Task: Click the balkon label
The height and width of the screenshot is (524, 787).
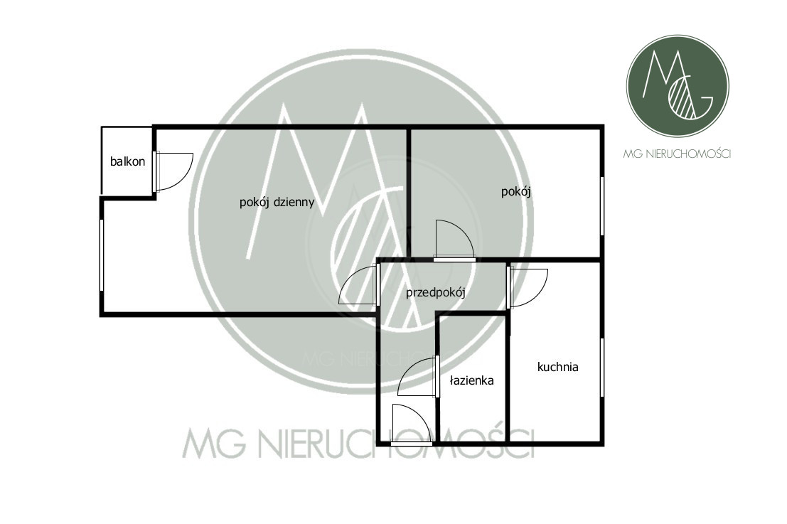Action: (x=127, y=161)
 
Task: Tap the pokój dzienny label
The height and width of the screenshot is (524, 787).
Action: (x=277, y=202)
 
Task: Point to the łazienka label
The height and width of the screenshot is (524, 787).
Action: (x=471, y=381)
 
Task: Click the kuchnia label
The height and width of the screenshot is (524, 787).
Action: (x=558, y=368)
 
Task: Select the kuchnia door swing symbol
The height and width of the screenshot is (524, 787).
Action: (x=528, y=286)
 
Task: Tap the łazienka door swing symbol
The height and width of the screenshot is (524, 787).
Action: (x=418, y=377)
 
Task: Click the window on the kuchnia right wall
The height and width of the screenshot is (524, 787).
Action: (x=602, y=368)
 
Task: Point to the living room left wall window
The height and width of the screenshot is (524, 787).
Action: (x=102, y=255)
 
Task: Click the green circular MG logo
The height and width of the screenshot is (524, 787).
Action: (x=677, y=86)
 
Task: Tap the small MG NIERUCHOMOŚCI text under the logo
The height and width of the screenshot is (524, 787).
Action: (x=677, y=154)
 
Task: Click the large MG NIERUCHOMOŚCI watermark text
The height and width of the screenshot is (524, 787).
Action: (x=358, y=443)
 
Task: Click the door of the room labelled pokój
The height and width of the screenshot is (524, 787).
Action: (x=454, y=242)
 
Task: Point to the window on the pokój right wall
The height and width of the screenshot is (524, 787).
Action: (x=602, y=205)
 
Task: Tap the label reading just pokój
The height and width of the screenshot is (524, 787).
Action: (x=517, y=191)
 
